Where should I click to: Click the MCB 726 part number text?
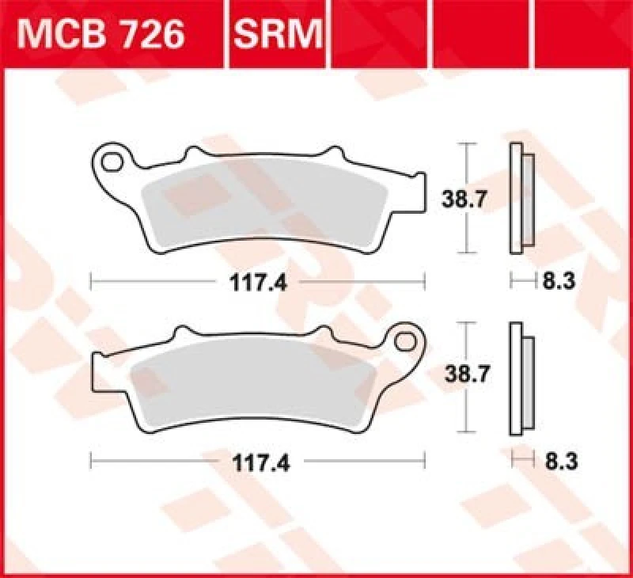(101, 34)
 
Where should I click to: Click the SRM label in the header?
(278, 34)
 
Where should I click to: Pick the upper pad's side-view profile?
(521, 198)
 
